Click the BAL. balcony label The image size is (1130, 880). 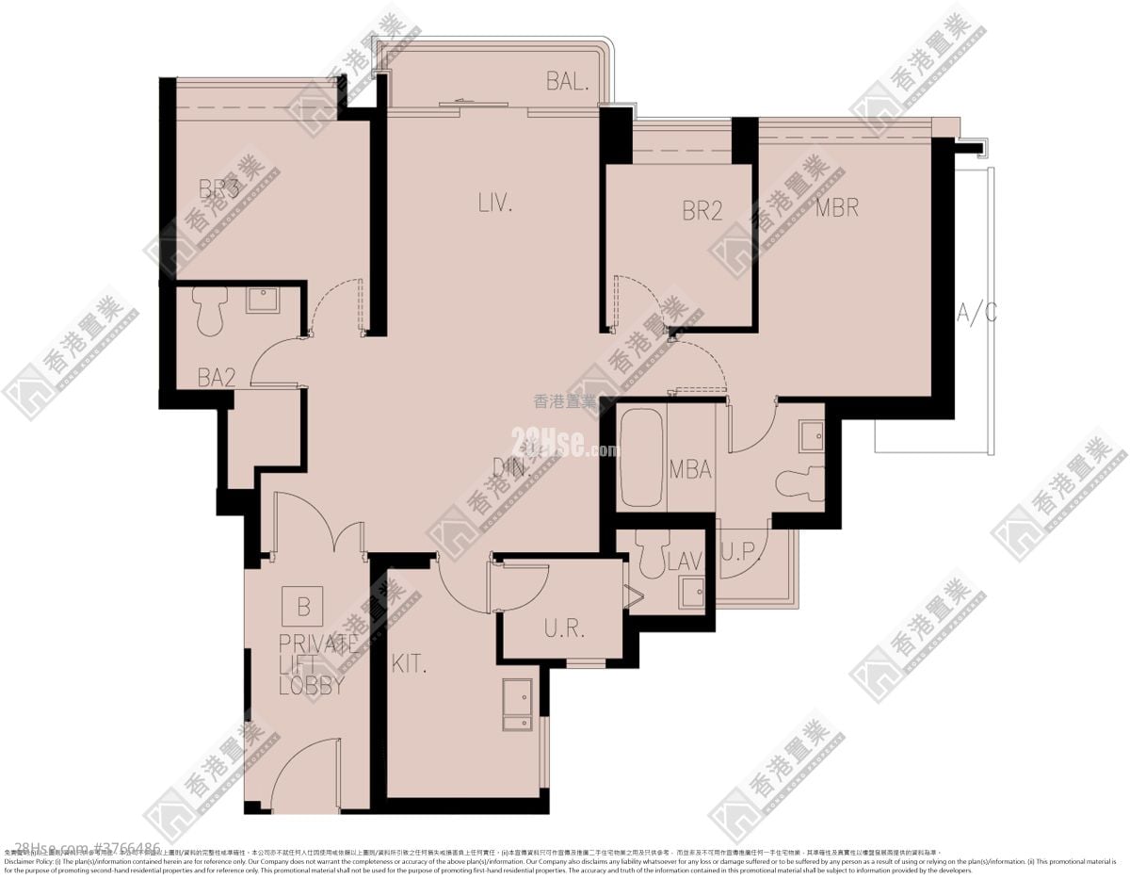point(567,82)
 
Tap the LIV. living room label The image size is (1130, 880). point(494,202)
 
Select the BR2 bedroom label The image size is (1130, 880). point(702,211)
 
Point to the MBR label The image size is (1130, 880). point(837,207)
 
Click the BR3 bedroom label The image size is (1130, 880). point(219,188)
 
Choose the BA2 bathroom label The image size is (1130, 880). point(217,378)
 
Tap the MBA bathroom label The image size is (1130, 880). point(690,469)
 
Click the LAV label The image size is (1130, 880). point(685,562)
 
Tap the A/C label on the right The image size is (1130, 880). point(977,314)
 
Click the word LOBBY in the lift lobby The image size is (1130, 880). point(311,687)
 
